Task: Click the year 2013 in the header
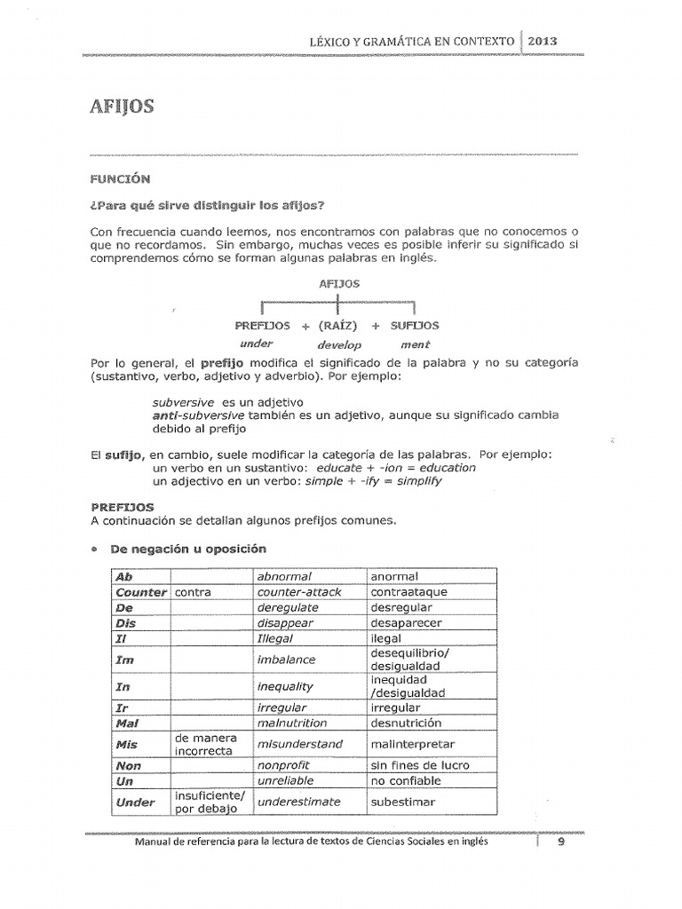(543, 41)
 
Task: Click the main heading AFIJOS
(122, 107)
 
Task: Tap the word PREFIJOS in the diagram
(262, 326)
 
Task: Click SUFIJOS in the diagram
(415, 326)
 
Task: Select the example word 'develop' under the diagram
(339, 344)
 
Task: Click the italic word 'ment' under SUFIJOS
(415, 344)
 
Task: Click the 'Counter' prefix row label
(140, 592)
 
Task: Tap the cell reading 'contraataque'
(408, 592)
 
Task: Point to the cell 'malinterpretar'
(412, 744)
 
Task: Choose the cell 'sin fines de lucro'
(420, 765)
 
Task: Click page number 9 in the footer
(560, 844)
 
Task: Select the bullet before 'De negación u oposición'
(93, 549)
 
